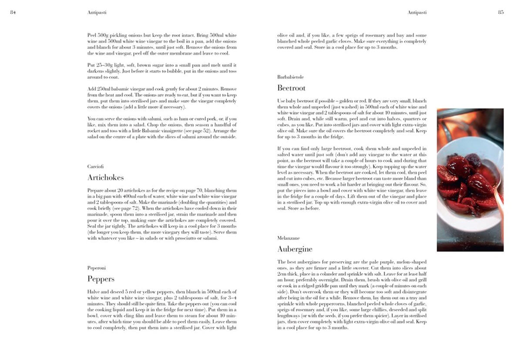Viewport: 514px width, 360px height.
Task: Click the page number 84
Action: pos(13,12)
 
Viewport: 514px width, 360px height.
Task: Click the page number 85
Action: pos(501,12)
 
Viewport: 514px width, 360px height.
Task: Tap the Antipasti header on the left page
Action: pos(97,13)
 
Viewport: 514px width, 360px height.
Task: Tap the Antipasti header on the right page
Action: pos(417,13)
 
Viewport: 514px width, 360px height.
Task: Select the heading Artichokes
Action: pos(105,178)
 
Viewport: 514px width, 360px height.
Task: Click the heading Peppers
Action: pos(101,279)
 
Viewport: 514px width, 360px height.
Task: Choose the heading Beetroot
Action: pos(291,88)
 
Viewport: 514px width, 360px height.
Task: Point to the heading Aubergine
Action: pos(295,249)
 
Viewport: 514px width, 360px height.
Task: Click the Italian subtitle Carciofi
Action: pos(95,166)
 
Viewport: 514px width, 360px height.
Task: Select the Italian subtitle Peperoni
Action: pos(96,268)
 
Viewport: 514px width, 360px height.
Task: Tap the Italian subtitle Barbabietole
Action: pos(290,77)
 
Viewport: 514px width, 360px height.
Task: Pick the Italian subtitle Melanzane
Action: pos(288,238)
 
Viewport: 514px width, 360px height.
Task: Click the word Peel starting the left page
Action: pos(92,35)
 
